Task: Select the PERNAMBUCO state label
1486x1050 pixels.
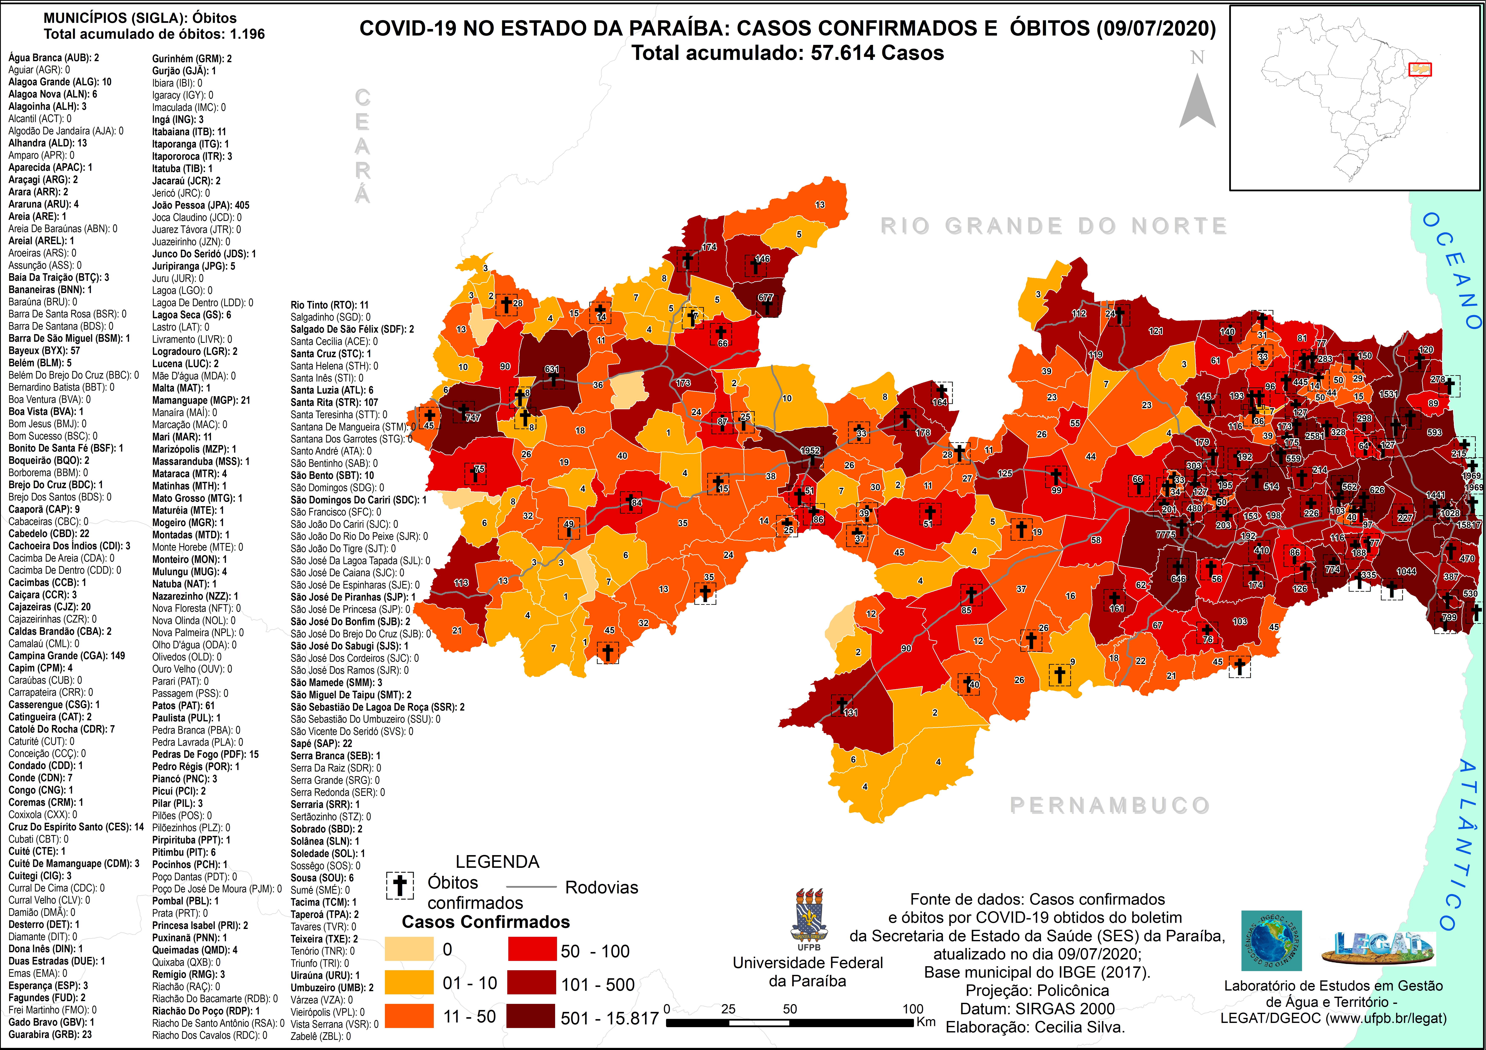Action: [1109, 805]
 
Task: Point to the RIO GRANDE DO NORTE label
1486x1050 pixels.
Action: [1054, 226]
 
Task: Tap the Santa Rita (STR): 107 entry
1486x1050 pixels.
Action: [334, 402]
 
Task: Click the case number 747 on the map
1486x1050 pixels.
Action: [473, 418]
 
